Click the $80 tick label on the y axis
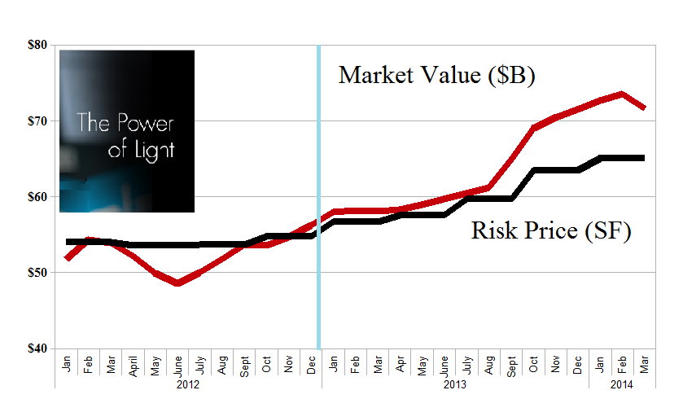coord(36,45)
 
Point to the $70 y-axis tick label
coord(36,121)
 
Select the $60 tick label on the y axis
coord(36,196)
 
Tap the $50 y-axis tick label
coord(36,272)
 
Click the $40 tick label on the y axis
coord(36,348)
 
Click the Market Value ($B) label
coord(436,76)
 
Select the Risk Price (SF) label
coord(551,231)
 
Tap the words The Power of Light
coord(125,137)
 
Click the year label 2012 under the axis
coord(187,384)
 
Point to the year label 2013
coord(455,384)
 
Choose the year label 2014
coord(622,384)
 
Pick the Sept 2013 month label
coord(510,364)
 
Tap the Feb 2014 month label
coord(622,363)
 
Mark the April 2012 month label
coord(134,364)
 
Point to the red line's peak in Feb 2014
coord(622,94)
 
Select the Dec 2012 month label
coord(311,363)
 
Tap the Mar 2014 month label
coord(644,363)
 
